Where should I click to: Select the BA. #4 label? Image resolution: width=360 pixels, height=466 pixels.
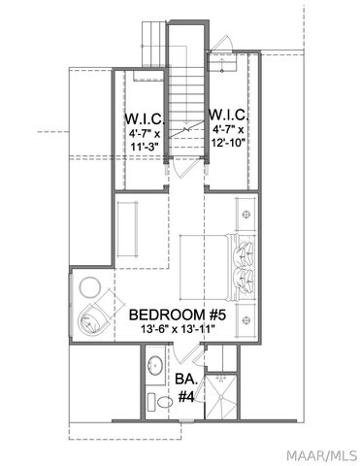pos(186,387)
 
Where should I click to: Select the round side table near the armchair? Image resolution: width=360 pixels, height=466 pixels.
pos(92,286)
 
